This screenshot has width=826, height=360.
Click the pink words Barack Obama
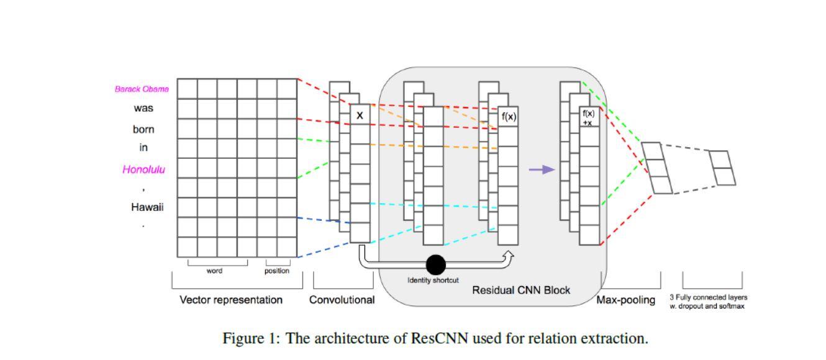click(142, 89)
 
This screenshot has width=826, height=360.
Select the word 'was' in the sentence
click(143, 108)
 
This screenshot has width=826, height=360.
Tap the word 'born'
click(143, 130)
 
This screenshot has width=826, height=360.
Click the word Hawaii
click(147, 207)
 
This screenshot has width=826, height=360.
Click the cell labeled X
click(360, 115)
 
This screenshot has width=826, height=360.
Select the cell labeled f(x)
click(509, 116)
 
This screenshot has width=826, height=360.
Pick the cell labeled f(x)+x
click(588, 117)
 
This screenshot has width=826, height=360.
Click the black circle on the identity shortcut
click(435, 265)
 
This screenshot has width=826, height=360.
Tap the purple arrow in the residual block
click(541, 169)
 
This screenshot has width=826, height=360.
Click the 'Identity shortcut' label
click(433, 280)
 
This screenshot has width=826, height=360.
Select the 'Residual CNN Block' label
click(521, 290)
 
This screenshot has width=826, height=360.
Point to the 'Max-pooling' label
click(625, 300)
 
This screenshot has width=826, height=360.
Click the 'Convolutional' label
click(342, 300)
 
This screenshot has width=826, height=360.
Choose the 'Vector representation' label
click(231, 300)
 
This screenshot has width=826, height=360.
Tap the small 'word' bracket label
click(214, 271)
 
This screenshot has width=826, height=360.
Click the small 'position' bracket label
click(276, 271)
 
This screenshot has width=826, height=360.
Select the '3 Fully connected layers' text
click(708, 297)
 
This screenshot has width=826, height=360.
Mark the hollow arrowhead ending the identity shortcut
click(509, 254)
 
